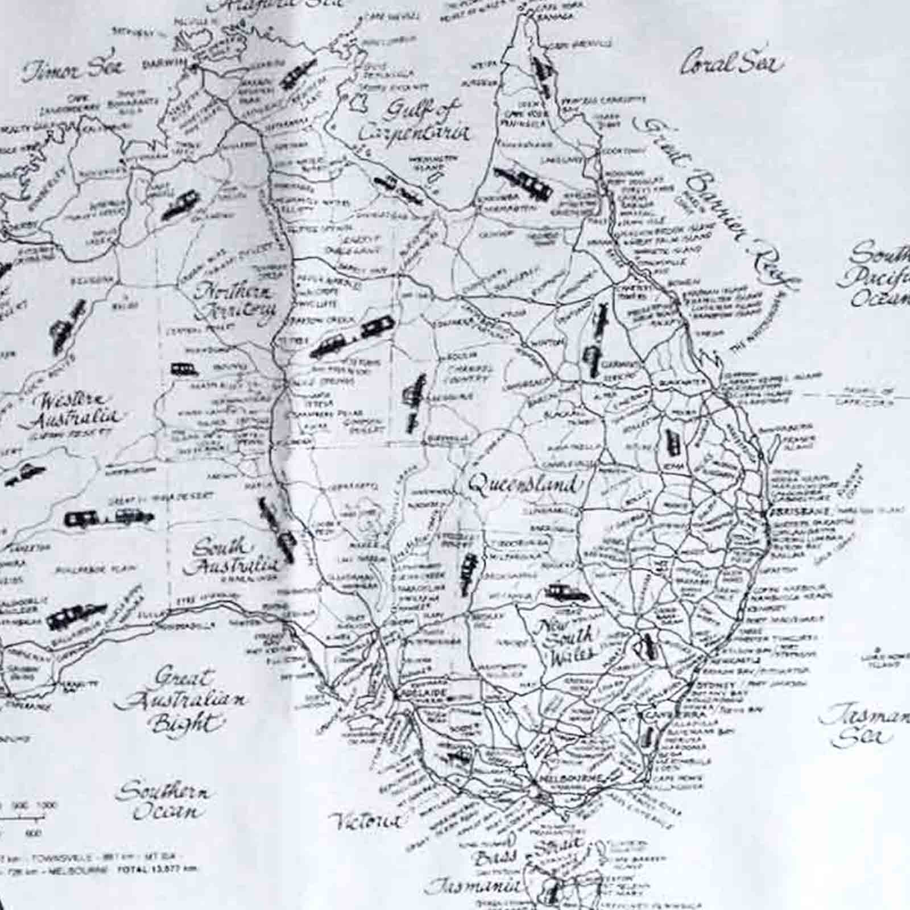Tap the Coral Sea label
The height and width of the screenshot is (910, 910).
[x=730, y=64]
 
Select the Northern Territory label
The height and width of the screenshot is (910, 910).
[x=235, y=301]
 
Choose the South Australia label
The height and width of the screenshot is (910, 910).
[x=230, y=557]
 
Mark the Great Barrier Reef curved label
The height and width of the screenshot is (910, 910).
[x=717, y=199]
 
